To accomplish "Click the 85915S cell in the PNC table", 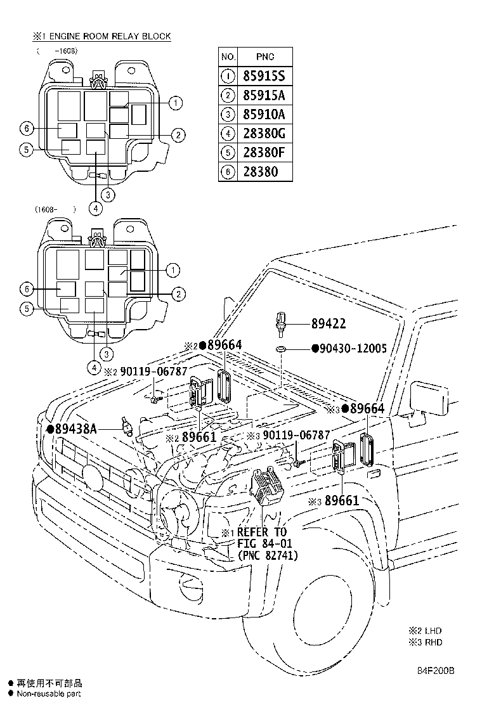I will coord(263,76).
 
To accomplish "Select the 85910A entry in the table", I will coord(263,114).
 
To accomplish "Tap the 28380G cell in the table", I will coord(263,133).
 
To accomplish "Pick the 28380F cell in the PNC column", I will coord(263,152).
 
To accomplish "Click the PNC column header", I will coord(263,57).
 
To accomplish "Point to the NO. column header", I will coord(228,57).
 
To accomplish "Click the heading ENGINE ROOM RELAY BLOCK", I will coord(107,36).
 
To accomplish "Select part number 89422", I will coord(329,324).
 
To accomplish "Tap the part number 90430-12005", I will coord(353,349).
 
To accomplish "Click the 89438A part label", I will coord(75,429).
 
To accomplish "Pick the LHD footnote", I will coord(426,631).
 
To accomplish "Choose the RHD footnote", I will coord(426,642).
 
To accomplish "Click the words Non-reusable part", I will coord(49,694).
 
